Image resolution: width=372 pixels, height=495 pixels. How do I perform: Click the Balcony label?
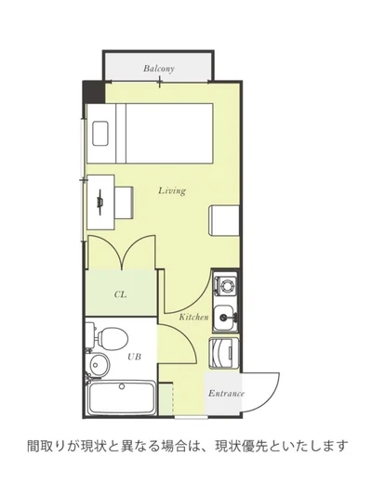(159, 69)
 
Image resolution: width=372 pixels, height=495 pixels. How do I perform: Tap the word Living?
(172, 191)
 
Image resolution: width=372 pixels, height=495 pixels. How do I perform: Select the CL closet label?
(120, 294)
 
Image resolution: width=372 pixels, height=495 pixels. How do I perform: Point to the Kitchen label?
(193, 317)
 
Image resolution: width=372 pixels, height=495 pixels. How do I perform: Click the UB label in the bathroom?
(134, 357)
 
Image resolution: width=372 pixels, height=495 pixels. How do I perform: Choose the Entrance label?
(226, 394)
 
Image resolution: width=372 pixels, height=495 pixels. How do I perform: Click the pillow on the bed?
(100, 133)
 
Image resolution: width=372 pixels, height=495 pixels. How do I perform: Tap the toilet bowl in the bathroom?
(113, 338)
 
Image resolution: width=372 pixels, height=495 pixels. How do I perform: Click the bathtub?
(122, 397)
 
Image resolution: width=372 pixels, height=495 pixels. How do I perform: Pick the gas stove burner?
(226, 286)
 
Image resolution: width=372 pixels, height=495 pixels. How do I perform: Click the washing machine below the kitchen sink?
(224, 353)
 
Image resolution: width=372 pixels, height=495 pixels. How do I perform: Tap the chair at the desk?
(124, 202)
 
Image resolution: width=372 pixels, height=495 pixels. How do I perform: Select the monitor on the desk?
(100, 202)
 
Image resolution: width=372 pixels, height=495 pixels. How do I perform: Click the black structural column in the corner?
(94, 93)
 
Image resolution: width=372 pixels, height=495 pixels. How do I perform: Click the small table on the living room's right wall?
(224, 220)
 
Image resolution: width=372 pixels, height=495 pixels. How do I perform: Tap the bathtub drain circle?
(122, 385)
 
